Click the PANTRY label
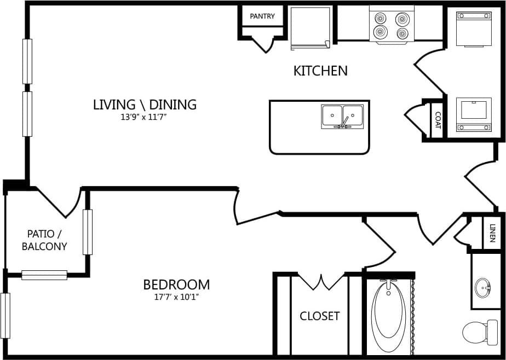coord(262,16)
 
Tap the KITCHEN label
coord(320,71)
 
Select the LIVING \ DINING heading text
coord(145,104)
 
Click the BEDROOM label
coord(176,284)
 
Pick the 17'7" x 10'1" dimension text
coord(176,298)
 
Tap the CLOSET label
coord(319,316)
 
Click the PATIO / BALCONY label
coord(44,240)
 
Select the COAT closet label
coord(438,120)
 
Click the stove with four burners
coord(392,25)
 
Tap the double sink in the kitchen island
coord(342,117)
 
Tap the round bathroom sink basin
coord(482,287)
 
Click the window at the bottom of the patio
coord(44,275)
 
